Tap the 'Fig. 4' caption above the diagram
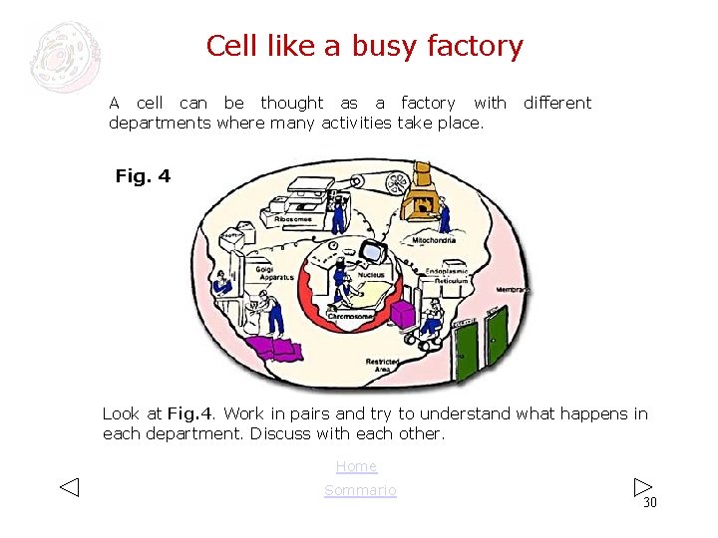pos(143,176)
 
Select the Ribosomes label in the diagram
pos(287,219)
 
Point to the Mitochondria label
pos(434,240)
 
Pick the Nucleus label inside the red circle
pos(371,275)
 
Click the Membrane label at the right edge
pos(514,289)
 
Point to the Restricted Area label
pos(382,366)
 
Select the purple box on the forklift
pos(402,315)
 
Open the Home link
pos(356,466)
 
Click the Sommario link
pos(360,490)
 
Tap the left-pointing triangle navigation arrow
pos(68,487)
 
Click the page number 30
pos(650,502)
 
